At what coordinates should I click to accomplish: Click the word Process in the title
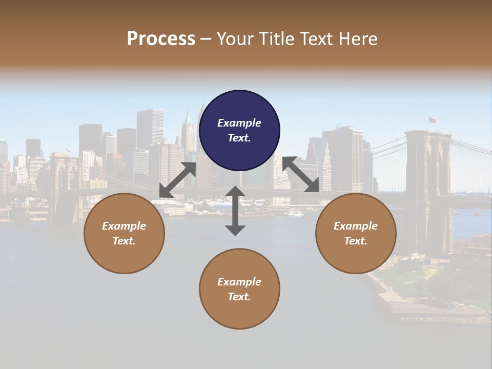click(161, 39)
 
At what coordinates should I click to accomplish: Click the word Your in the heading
click(235, 39)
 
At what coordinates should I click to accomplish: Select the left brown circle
click(124, 233)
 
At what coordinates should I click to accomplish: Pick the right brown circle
click(355, 233)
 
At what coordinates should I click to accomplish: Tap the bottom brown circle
click(239, 289)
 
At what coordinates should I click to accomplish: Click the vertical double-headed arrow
click(235, 211)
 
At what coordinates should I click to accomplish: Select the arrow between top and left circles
click(177, 180)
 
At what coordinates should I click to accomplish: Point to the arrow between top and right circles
click(300, 174)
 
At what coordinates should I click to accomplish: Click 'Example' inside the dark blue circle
click(239, 123)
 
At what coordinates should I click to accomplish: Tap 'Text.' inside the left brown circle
click(124, 241)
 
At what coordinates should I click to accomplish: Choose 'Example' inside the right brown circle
click(355, 226)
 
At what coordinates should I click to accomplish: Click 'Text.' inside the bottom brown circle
click(239, 297)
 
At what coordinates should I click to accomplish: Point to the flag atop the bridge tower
click(433, 120)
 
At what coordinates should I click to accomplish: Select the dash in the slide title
click(206, 39)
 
